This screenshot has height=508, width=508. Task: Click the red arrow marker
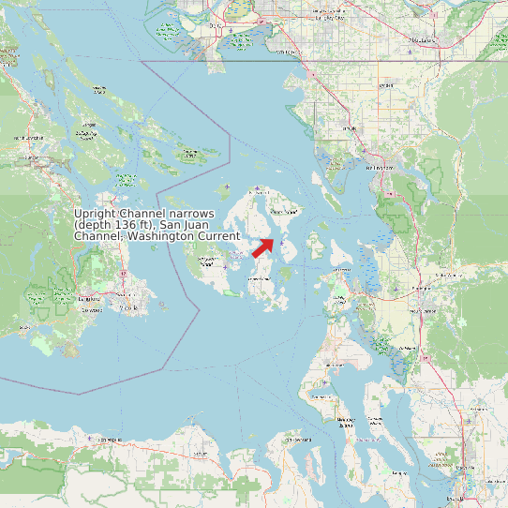[x=263, y=247]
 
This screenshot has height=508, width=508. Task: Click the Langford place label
[x=91, y=298]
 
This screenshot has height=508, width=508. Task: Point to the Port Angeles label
[x=108, y=439]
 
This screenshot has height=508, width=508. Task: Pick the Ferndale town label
[x=351, y=128]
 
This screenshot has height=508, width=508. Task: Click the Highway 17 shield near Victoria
[x=123, y=274]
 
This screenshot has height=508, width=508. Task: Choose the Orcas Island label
[x=283, y=213]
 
